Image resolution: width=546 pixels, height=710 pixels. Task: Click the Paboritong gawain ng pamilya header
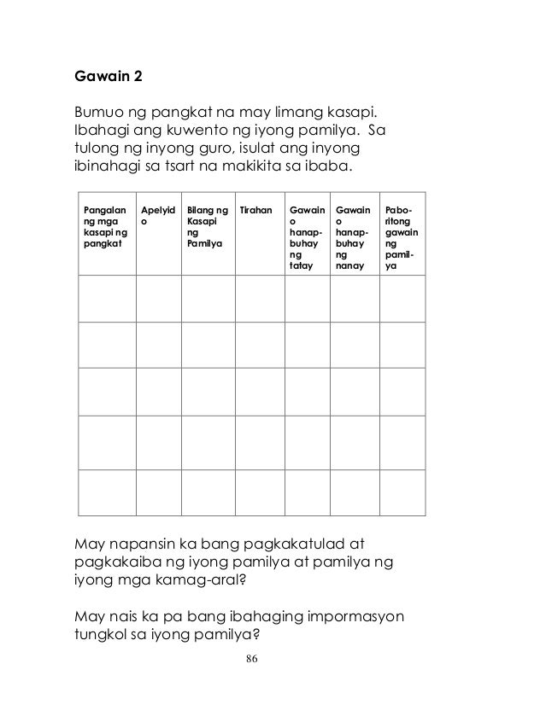[401, 237]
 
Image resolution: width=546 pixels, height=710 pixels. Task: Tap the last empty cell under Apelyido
[158, 492]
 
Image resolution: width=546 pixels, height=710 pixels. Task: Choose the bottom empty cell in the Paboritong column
[402, 492]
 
